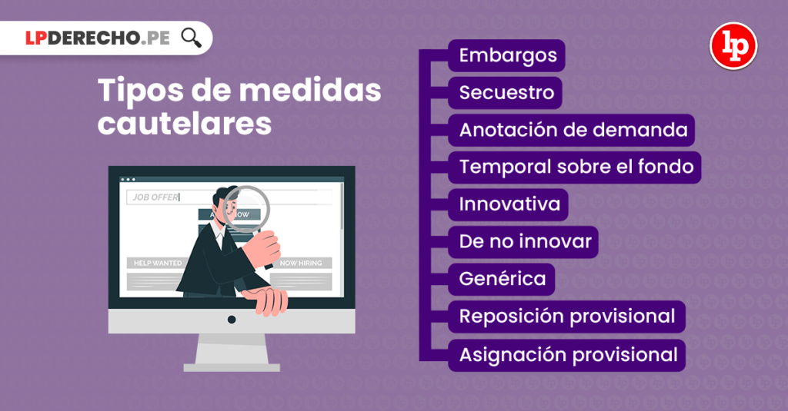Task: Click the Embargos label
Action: pos(507,55)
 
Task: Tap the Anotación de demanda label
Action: pos(573,130)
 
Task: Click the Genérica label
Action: pos(503,279)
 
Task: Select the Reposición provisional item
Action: pos(566,316)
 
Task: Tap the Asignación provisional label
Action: pos(568,354)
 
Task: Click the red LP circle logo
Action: pos(733,46)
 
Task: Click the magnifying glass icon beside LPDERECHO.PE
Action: pos(191,38)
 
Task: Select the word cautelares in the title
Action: pos(185,123)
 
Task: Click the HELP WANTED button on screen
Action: pos(157,263)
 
